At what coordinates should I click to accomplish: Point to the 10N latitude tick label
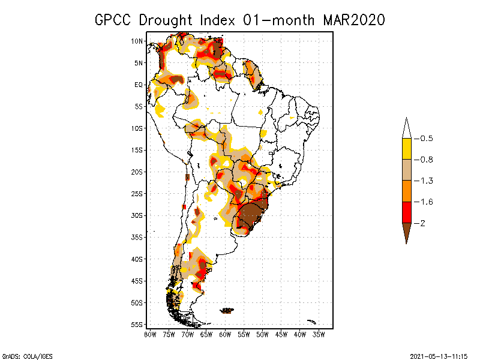(137, 41)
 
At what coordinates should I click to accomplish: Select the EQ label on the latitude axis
(139, 85)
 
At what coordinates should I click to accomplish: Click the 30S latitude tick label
(137, 215)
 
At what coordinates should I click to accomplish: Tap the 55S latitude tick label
(137, 325)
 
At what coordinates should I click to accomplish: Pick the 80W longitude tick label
(150, 334)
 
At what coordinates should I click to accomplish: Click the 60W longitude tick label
(225, 334)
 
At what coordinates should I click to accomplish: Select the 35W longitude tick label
(319, 334)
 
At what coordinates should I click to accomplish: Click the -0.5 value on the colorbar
(427, 139)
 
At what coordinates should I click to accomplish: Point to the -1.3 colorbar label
(427, 181)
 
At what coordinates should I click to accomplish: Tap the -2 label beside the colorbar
(423, 223)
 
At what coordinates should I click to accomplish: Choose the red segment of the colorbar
(406, 212)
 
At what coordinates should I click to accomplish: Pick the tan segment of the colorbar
(406, 170)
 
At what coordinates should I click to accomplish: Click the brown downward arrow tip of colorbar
(406, 234)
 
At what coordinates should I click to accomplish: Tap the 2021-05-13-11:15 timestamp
(439, 355)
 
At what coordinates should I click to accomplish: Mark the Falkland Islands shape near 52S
(227, 310)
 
